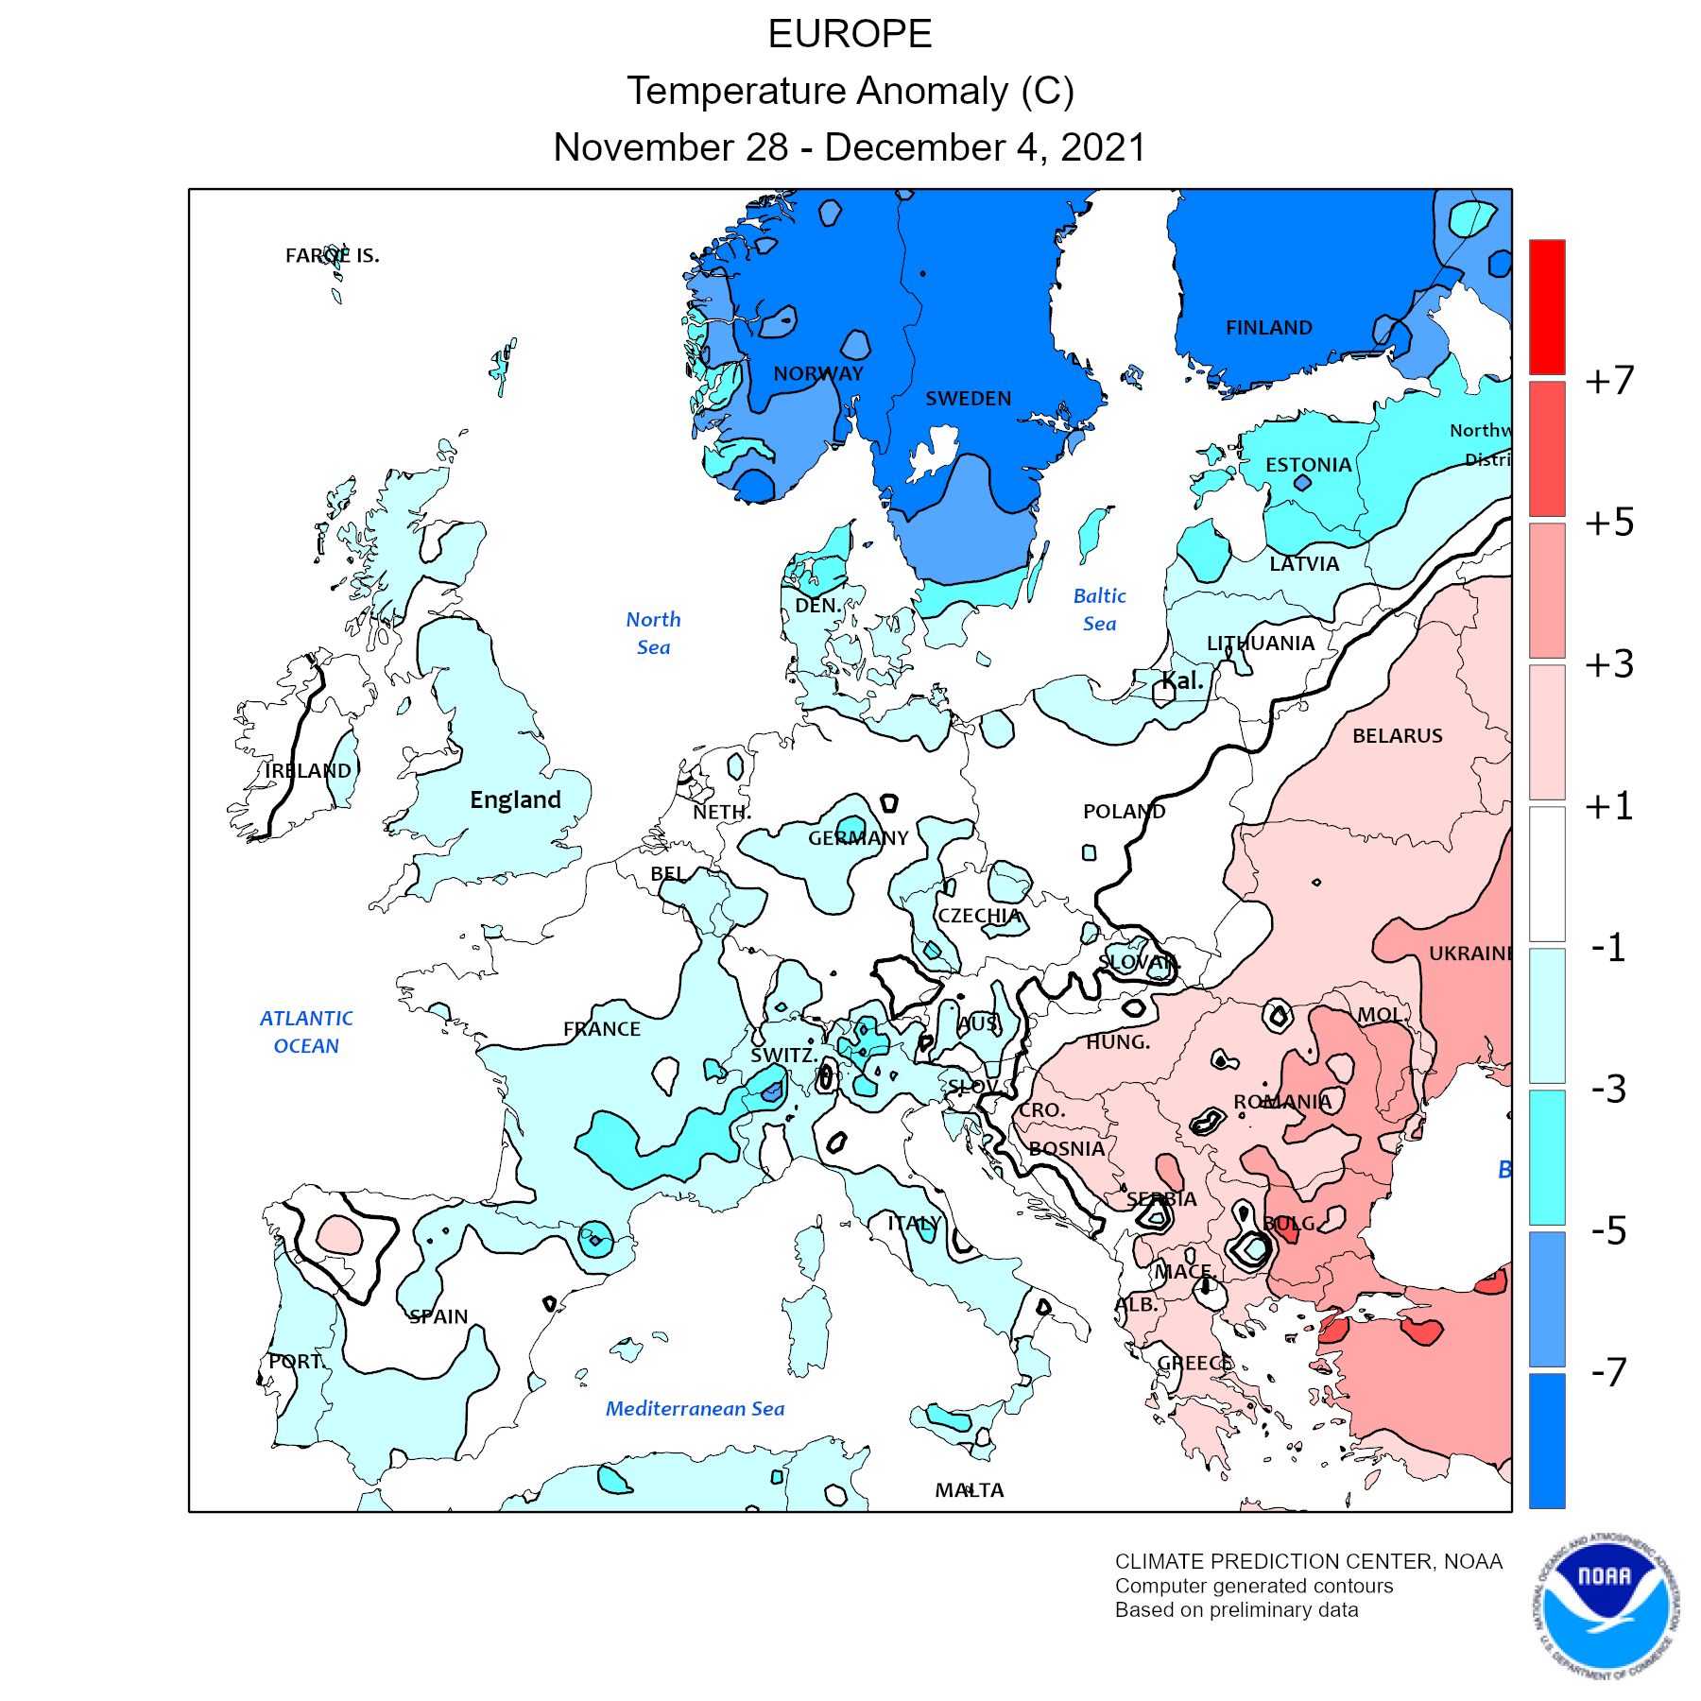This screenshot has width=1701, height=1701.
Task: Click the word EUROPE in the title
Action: [850, 35]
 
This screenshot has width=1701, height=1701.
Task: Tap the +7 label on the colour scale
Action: [1609, 380]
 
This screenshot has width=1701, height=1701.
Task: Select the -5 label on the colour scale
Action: [1608, 1230]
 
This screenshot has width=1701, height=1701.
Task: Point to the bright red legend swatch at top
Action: [1547, 306]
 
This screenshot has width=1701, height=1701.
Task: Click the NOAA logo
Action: [1606, 1606]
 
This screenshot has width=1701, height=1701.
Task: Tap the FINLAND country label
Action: [1268, 328]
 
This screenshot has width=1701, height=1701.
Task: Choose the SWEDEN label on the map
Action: [968, 399]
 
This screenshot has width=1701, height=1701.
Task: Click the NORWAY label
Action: [818, 373]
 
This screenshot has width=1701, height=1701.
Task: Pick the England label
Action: [515, 799]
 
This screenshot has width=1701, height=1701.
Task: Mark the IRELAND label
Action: [308, 771]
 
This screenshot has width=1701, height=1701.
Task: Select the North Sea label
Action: [653, 633]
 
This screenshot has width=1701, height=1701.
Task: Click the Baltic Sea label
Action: [1099, 610]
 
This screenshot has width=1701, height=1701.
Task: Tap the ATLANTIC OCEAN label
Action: [306, 1032]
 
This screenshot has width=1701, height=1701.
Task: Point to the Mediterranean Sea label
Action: [695, 1409]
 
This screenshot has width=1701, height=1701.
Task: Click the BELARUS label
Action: [1397, 736]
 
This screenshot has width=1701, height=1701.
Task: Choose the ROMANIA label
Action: [1281, 1102]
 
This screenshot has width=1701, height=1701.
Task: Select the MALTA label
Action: [969, 1490]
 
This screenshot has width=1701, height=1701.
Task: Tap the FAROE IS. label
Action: [332, 255]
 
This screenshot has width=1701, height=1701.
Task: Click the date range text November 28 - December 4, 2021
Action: [850, 147]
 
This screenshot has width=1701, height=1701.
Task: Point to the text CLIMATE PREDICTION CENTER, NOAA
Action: [1308, 1561]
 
